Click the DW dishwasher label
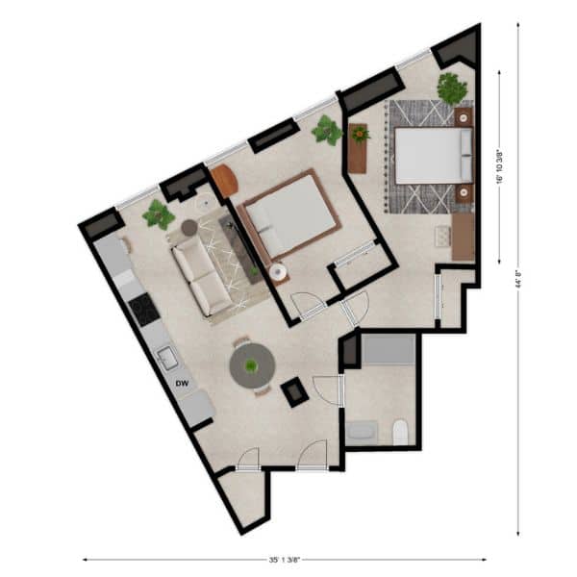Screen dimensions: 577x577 tap(182, 384)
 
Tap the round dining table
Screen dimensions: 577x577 tap(252, 365)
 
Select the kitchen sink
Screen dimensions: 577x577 tap(167, 358)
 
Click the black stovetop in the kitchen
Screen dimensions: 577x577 tap(144, 310)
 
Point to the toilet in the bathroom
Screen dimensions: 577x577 tap(400, 432)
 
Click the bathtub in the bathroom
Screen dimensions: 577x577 tap(389, 349)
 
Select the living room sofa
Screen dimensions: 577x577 tap(202, 276)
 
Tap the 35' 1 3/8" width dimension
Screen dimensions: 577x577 tap(285, 560)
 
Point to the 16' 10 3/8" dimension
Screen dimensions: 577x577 tap(500, 166)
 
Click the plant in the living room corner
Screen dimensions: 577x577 tap(159, 214)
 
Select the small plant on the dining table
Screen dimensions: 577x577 tap(251, 365)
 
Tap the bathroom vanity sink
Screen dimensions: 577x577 tap(362, 431)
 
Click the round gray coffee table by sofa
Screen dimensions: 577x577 tap(189, 227)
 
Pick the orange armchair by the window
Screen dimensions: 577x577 tap(225, 181)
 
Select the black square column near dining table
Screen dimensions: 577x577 tap(294, 392)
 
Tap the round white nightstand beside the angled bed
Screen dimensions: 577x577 tap(278, 273)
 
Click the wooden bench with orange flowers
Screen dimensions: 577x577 tap(358, 148)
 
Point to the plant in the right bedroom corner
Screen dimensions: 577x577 tap(452, 88)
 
